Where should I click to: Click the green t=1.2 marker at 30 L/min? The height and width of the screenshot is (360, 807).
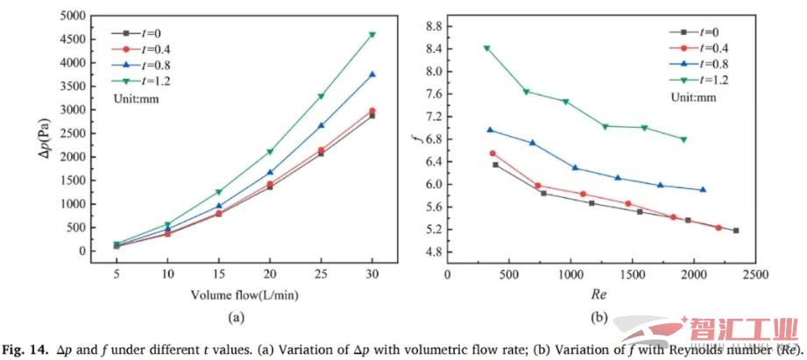(x=372, y=35)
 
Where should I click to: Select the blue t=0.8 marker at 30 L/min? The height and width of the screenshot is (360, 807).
(x=372, y=74)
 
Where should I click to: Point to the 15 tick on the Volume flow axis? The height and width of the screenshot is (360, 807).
(x=219, y=273)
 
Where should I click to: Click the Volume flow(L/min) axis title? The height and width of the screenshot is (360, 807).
(x=244, y=296)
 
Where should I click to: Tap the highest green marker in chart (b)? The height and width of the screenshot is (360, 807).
(x=487, y=48)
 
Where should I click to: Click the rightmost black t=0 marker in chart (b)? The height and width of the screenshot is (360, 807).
(x=736, y=230)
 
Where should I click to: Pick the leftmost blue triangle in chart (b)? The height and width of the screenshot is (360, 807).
(x=490, y=130)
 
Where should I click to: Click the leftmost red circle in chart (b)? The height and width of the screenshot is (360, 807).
(x=492, y=153)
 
